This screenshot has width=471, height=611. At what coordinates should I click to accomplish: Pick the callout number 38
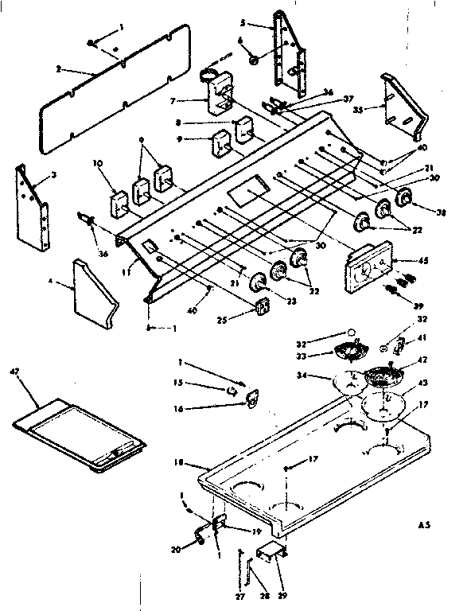click(x=442, y=212)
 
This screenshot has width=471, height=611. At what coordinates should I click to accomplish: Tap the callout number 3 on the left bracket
click(x=53, y=175)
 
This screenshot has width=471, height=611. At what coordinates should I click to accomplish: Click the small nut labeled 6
click(x=253, y=60)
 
